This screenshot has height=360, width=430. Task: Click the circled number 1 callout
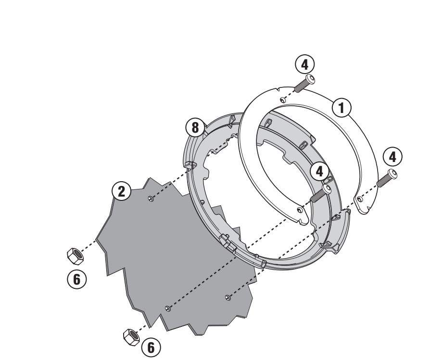click(341, 107)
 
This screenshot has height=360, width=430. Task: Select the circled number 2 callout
click(122, 191)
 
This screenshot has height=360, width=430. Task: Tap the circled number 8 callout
click(195, 127)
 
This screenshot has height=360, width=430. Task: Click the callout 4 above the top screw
click(304, 65)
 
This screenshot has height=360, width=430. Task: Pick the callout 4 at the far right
click(392, 157)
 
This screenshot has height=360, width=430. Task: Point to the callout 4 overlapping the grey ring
click(319, 172)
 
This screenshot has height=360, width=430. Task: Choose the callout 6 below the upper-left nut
click(77, 279)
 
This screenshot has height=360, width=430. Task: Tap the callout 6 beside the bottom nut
click(151, 348)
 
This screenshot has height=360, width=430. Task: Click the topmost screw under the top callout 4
click(304, 83)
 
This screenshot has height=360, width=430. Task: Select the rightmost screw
click(387, 178)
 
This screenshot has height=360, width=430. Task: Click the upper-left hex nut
click(76, 256)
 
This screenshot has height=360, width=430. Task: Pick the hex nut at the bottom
click(131, 337)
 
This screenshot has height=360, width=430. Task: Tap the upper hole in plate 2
click(151, 199)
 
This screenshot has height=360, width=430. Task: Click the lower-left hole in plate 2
click(168, 309)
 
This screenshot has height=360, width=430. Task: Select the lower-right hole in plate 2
click(228, 297)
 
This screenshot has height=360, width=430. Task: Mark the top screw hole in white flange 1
click(283, 99)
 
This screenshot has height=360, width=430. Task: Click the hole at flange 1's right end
click(360, 199)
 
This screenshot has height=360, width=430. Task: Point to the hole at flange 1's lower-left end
click(300, 210)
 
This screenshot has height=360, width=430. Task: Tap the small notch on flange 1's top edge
click(278, 89)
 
